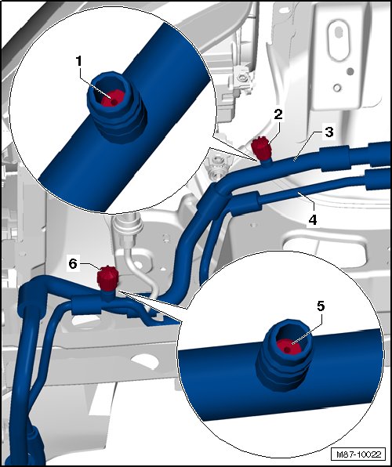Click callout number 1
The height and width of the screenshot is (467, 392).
(x=78, y=62)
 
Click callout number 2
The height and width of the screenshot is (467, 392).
(x=278, y=114)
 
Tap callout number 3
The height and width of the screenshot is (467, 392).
(x=328, y=132)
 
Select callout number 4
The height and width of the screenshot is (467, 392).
(x=313, y=220)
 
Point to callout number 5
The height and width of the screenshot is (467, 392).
(x=321, y=306)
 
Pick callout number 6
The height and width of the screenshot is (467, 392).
(x=73, y=264)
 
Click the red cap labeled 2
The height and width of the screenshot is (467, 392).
(x=261, y=147)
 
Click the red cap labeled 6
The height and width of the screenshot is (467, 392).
(x=107, y=278)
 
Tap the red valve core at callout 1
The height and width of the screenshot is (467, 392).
(x=112, y=99)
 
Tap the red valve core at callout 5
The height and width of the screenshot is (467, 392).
(x=289, y=346)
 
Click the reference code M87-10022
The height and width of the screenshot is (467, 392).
(x=358, y=454)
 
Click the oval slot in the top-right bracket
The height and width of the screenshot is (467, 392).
(x=339, y=40)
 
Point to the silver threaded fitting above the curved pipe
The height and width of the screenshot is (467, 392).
(x=126, y=230)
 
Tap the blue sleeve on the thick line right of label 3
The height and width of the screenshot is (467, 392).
(x=335, y=159)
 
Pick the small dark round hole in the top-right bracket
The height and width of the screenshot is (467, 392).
(x=350, y=71)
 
